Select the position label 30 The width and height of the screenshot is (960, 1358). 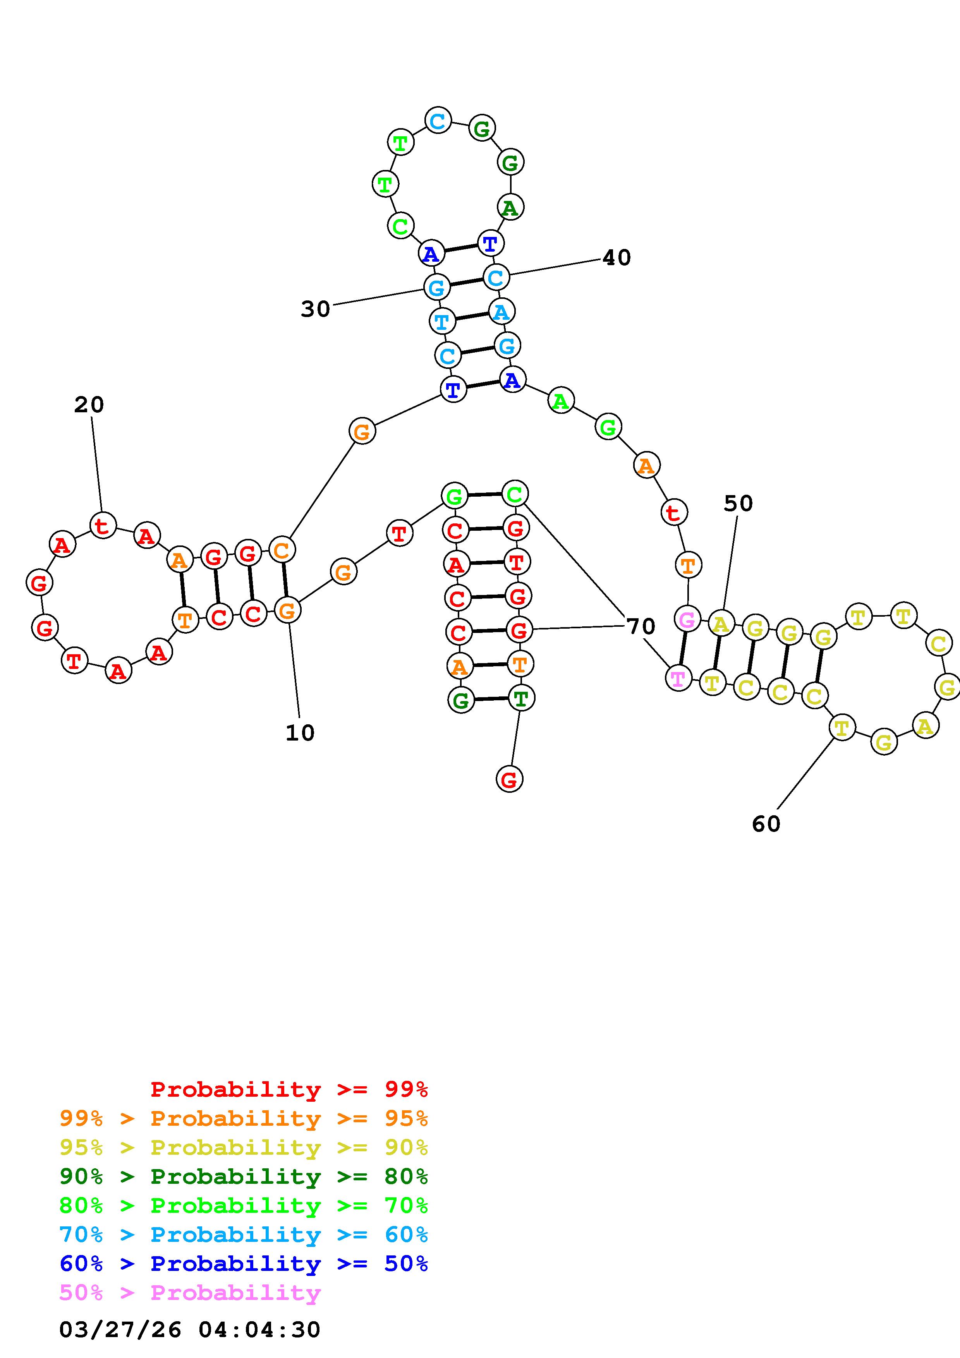tap(315, 309)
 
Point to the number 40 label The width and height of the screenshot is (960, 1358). tap(617, 258)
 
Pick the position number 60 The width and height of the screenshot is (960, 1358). tap(766, 824)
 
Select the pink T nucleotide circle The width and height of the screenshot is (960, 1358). tap(678, 678)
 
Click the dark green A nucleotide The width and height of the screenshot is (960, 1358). tap(510, 207)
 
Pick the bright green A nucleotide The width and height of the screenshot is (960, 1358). tap(560, 401)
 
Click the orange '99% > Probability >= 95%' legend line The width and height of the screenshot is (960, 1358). tap(244, 1118)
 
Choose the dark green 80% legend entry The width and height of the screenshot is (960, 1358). tap(244, 1176)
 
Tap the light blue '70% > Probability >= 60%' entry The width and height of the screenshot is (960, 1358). tap(244, 1235)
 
